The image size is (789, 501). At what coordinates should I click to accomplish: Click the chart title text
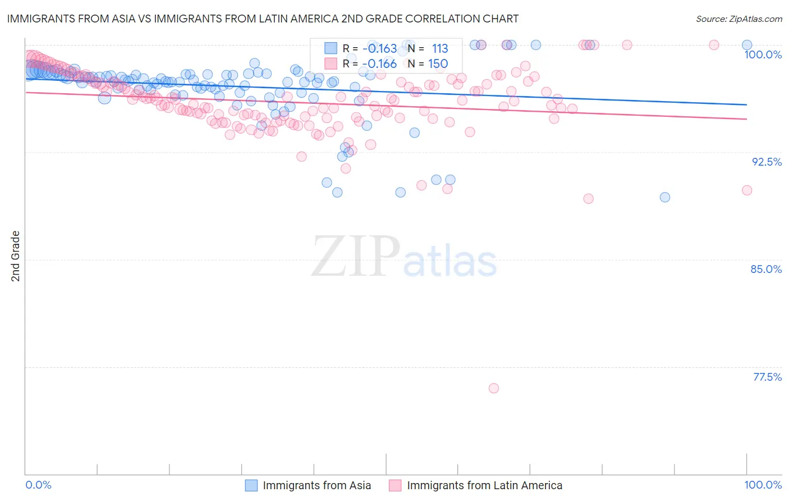pyautogui.click(x=263, y=19)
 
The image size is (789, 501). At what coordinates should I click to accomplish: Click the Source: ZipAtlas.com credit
pyautogui.click(x=738, y=19)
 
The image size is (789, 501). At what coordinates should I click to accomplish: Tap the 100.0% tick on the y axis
pyautogui.click(x=763, y=54)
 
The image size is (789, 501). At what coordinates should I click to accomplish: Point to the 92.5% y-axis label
pyautogui.click(x=767, y=162)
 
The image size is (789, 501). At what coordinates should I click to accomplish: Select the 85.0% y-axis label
pyautogui.click(x=766, y=269)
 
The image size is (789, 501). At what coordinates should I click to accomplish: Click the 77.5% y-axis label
pyautogui.click(x=767, y=377)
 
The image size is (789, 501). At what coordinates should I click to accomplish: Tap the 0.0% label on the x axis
pyautogui.click(x=39, y=485)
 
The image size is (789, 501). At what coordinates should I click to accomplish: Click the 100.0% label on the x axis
pyautogui.click(x=763, y=485)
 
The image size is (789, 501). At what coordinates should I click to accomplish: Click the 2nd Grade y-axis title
pyautogui.click(x=16, y=256)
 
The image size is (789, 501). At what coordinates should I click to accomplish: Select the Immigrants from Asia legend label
pyautogui.click(x=316, y=485)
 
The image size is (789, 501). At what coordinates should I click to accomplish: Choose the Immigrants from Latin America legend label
pyautogui.click(x=484, y=485)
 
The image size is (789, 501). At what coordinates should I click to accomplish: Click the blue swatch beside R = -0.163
pyautogui.click(x=331, y=48)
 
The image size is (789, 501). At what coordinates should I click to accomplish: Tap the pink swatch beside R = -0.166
pyautogui.click(x=331, y=63)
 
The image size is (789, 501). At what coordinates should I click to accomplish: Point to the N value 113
pyautogui.click(x=440, y=48)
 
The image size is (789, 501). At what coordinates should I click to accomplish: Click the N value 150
pyautogui.click(x=438, y=63)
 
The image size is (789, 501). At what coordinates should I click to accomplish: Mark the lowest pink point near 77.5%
pyautogui.click(x=494, y=388)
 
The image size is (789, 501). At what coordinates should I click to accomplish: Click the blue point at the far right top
pyautogui.click(x=747, y=45)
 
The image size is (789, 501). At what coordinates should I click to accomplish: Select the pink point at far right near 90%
pyautogui.click(x=747, y=190)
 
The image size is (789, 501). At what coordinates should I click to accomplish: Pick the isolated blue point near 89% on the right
pyautogui.click(x=665, y=197)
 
